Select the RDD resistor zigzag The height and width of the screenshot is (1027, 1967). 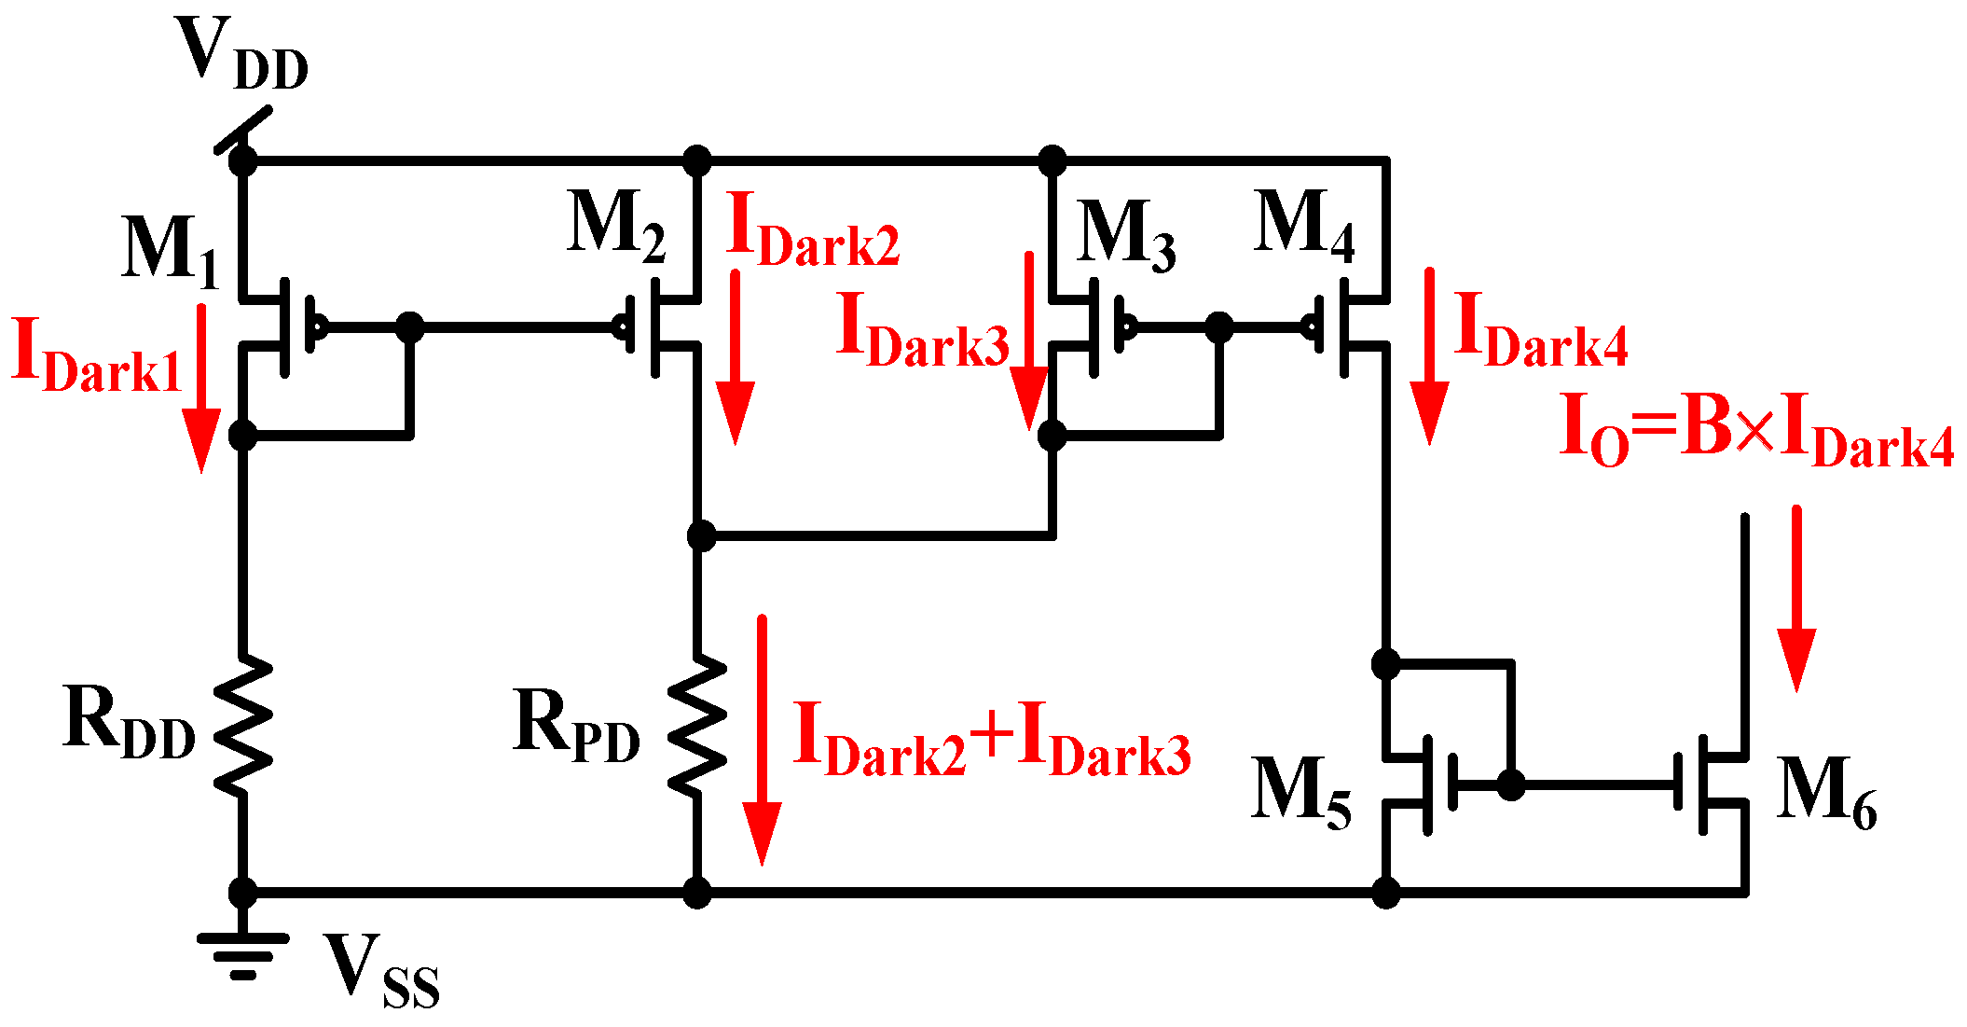[242, 726]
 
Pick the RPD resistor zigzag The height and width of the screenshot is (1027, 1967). [697, 726]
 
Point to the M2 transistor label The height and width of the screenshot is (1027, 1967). [616, 226]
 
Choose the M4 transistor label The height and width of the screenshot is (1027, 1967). [1303, 226]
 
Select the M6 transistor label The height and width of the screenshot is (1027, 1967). [1825, 793]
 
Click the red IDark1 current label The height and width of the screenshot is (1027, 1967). [96, 356]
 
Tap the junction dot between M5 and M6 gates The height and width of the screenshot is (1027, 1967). [1511, 785]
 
